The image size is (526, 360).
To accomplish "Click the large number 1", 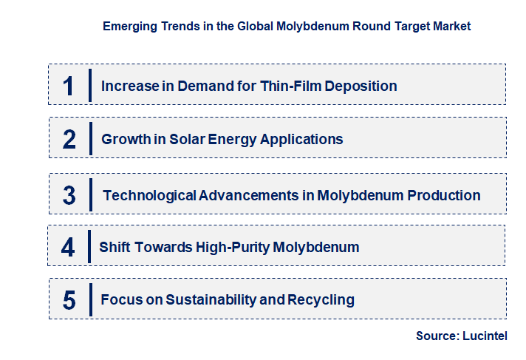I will (x=68, y=86).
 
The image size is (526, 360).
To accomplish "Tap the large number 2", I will (x=69, y=139).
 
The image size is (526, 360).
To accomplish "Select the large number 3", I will (x=69, y=196).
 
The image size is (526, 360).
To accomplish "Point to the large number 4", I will (x=68, y=247).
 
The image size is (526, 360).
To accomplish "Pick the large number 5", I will (x=69, y=300).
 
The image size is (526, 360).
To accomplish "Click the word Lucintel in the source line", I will (x=485, y=336).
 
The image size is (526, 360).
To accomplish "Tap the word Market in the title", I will (x=451, y=27).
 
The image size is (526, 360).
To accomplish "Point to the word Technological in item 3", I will (x=149, y=196).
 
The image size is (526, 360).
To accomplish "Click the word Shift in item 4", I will (x=115, y=247).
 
